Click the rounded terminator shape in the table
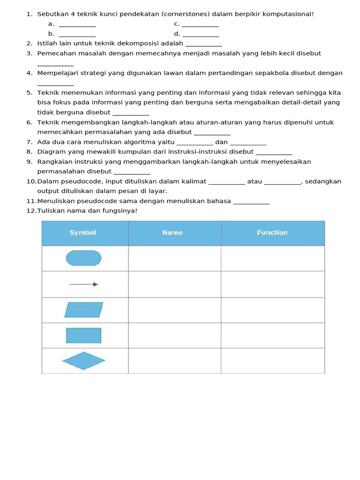tap(83, 258)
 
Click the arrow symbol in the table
tap(84, 284)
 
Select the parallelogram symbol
tap(84, 310)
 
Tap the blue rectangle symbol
tap(83, 336)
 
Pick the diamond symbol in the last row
tap(83, 360)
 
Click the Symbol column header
tap(83, 232)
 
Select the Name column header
tap(172, 232)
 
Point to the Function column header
tap(272, 232)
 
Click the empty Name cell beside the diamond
tap(174, 361)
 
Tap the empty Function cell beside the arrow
tap(272, 284)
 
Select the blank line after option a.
tap(77, 24)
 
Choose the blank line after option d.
tap(201, 34)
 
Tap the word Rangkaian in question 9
tap(53, 162)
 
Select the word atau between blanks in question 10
tap(255, 181)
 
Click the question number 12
tap(31, 211)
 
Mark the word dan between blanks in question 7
tap(221, 142)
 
